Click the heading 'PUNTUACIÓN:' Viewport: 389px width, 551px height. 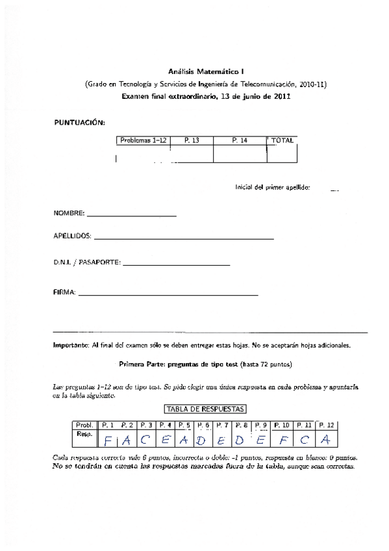click(79, 122)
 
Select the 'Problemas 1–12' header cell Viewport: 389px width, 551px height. click(143, 140)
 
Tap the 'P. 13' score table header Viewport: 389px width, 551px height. click(192, 140)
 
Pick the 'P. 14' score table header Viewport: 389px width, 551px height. click(240, 140)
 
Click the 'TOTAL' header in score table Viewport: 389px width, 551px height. click(282, 140)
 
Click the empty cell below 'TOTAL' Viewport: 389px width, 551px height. click(282, 154)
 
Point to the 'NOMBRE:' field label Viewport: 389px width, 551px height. click(69, 213)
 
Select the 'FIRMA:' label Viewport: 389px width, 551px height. click(64, 292)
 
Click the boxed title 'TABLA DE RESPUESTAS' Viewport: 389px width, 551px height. click(205, 409)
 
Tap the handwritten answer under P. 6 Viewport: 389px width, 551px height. click(201, 440)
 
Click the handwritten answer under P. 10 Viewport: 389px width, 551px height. click(283, 440)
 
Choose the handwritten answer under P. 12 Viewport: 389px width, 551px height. click(326, 440)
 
